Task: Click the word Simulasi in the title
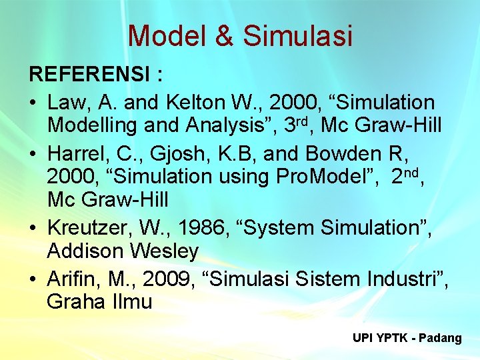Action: (x=297, y=36)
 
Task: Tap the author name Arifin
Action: (x=69, y=277)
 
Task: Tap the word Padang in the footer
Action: (x=441, y=338)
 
